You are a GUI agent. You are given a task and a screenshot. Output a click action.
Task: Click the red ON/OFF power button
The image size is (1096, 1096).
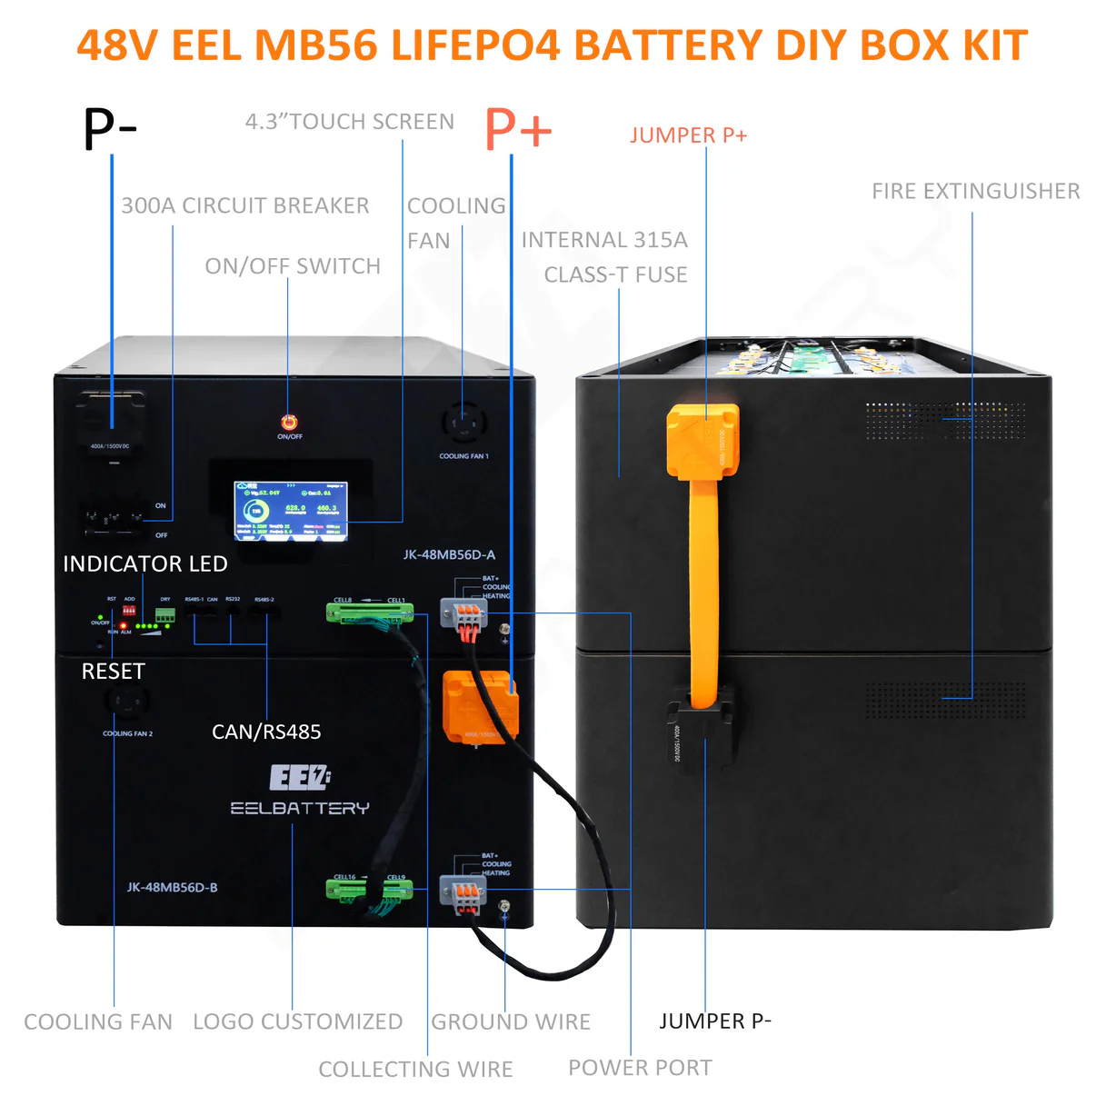point(289,422)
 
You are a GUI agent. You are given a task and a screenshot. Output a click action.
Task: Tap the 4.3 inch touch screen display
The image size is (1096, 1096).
point(291,511)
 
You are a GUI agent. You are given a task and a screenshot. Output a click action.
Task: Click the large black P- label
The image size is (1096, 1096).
point(110,128)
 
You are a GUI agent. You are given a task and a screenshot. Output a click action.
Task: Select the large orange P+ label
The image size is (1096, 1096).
point(518,128)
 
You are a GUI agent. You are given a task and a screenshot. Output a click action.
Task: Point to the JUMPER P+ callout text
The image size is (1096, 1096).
point(688,135)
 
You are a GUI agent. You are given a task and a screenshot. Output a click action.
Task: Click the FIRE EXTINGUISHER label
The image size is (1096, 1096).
point(975,191)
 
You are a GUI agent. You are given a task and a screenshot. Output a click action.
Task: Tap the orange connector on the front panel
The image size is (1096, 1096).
point(480,705)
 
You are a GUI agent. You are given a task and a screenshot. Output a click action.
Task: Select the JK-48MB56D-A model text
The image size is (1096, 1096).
point(449,554)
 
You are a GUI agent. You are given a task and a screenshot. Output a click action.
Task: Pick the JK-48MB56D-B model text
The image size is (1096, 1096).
point(172,887)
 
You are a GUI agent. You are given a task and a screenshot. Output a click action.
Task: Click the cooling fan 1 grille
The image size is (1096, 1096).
point(463,423)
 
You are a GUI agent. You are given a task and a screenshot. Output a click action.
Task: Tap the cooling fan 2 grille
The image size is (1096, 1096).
point(127,702)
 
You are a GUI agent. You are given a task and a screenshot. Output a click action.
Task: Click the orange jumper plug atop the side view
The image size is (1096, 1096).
point(702,440)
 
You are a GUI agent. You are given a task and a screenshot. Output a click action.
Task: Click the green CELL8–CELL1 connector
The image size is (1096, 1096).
point(370,613)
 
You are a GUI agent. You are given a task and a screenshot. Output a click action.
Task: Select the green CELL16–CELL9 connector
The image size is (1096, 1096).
point(369,890)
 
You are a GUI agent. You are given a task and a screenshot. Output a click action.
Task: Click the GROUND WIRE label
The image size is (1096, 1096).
point(511,1021)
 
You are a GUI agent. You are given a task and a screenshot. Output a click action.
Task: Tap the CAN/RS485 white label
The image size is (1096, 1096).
point(266,732)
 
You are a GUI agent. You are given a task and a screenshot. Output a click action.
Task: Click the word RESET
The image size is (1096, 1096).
point(113,672)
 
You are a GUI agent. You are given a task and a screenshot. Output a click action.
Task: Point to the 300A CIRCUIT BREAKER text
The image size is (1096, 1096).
point(245,205)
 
